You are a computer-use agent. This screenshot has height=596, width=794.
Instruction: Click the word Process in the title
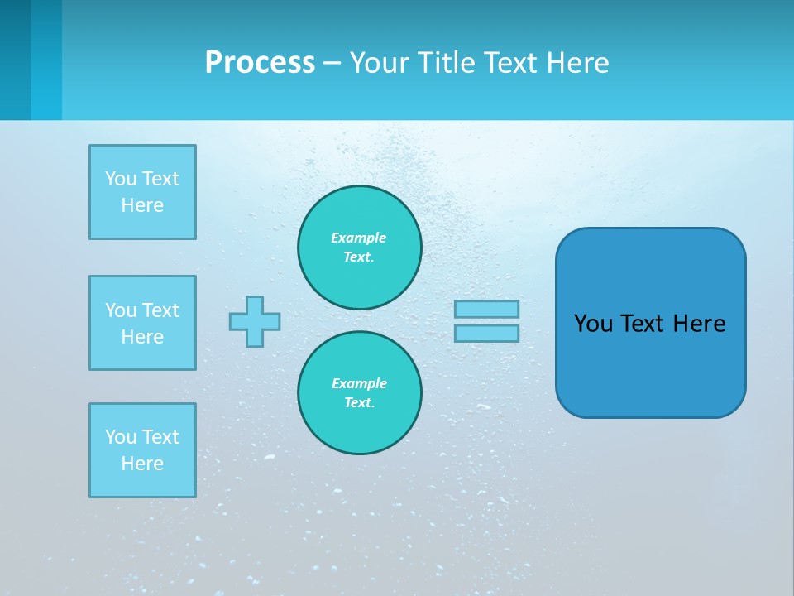(260, 63)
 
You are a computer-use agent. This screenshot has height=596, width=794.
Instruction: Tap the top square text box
(142, 192)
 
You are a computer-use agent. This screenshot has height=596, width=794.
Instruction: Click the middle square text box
(142, 323)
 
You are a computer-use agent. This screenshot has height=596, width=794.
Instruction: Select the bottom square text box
(142, 450)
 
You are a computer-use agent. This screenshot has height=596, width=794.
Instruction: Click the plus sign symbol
(255, 321)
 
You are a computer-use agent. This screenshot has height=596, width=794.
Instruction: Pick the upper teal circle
(360, 247)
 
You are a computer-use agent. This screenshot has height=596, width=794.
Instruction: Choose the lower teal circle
(360, 392)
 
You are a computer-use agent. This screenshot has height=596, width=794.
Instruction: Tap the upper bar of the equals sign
(486, 309)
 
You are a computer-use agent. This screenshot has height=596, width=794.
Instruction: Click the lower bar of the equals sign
(486, 333)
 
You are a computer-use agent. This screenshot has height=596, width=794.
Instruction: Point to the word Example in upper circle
(358, 238)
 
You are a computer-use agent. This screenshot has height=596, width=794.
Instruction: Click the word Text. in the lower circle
(359, 402)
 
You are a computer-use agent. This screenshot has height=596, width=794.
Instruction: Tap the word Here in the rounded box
(699, 324)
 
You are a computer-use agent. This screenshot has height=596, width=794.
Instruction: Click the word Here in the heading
(576, 63)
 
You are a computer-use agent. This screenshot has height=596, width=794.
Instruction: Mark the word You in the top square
(121, 179)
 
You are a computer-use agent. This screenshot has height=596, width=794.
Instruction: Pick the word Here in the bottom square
(142, 464)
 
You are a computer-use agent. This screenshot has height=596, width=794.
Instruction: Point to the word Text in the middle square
(160, 310)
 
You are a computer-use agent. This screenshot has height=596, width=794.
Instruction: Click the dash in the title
(332, 63)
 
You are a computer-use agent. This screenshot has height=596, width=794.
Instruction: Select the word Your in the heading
(378, 63)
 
